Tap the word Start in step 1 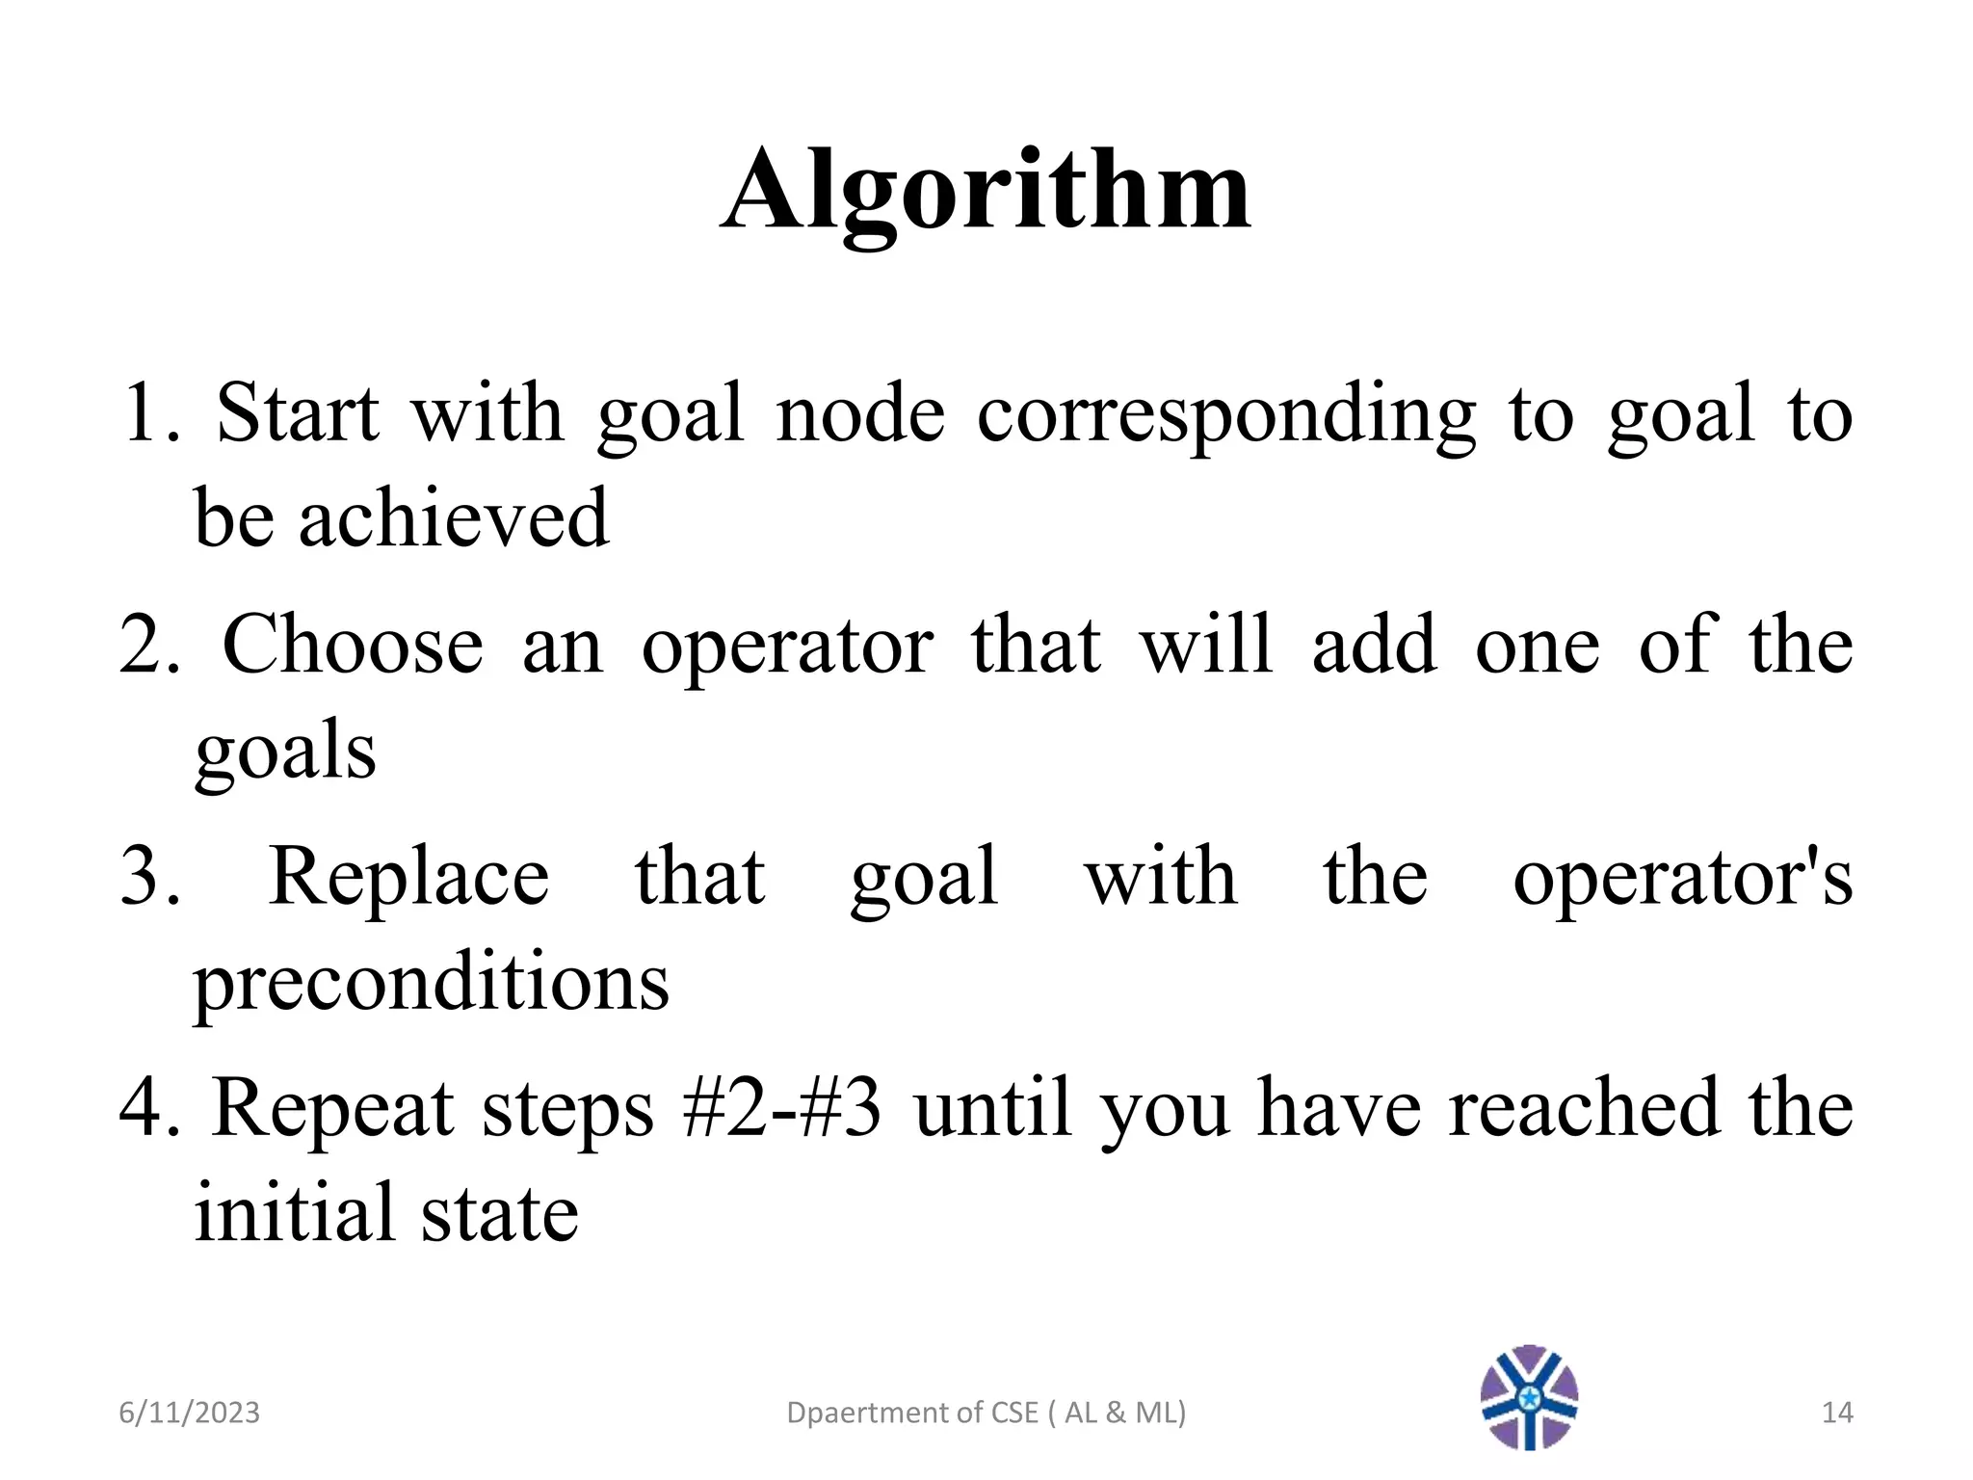[x=297, y=414]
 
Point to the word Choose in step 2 [x=353, y=645]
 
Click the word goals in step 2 [x=285, y=752]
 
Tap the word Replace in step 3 [x=408, y=877]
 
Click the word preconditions [x=431, y=983]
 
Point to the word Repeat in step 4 [x=332, y=1108]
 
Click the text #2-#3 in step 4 [x=781, y=1108]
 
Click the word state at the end [x=500, y=1214]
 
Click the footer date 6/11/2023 [x=189, y=1413]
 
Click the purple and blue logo [x=1529, y=1397]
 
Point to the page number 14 [x=1837, y=1413]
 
